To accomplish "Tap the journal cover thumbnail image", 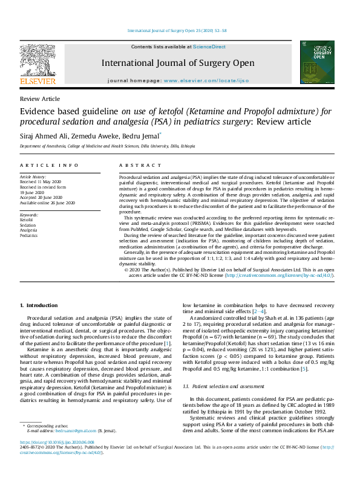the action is tap(317, 62).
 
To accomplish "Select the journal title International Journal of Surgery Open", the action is tap(176, 63).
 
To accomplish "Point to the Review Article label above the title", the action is tap(40, 99).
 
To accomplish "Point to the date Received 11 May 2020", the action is tap(40, 181).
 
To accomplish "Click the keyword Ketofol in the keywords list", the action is tap(27, 219).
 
